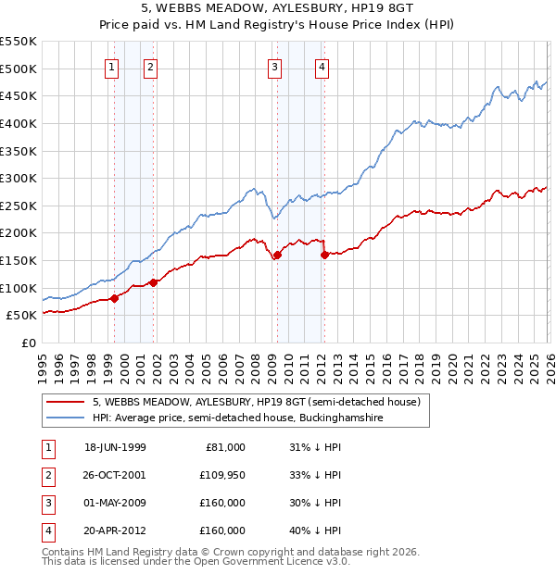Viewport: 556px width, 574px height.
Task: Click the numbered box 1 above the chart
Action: click(x=111, y=66)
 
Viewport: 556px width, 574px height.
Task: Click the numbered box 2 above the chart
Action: click(x=150, y=66)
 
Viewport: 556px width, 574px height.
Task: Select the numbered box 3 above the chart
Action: click(x=275, y=66)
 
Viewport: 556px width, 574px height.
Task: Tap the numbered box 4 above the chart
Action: click(x=322, y=66)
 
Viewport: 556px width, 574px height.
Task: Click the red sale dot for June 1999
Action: click(x=115, y=298)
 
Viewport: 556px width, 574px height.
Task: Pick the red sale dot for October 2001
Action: click(x=154, y=282)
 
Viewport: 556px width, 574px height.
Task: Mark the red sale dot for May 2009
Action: click(x=276, y=256)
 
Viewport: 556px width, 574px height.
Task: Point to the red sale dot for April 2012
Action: click(x=324, y=256)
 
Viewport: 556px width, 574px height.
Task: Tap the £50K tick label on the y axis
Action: click(x=21, y=316)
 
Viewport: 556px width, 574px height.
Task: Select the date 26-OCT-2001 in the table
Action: click(x=115, y=475)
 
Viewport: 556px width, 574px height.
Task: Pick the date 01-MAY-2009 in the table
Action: click(x=115, y=503)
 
